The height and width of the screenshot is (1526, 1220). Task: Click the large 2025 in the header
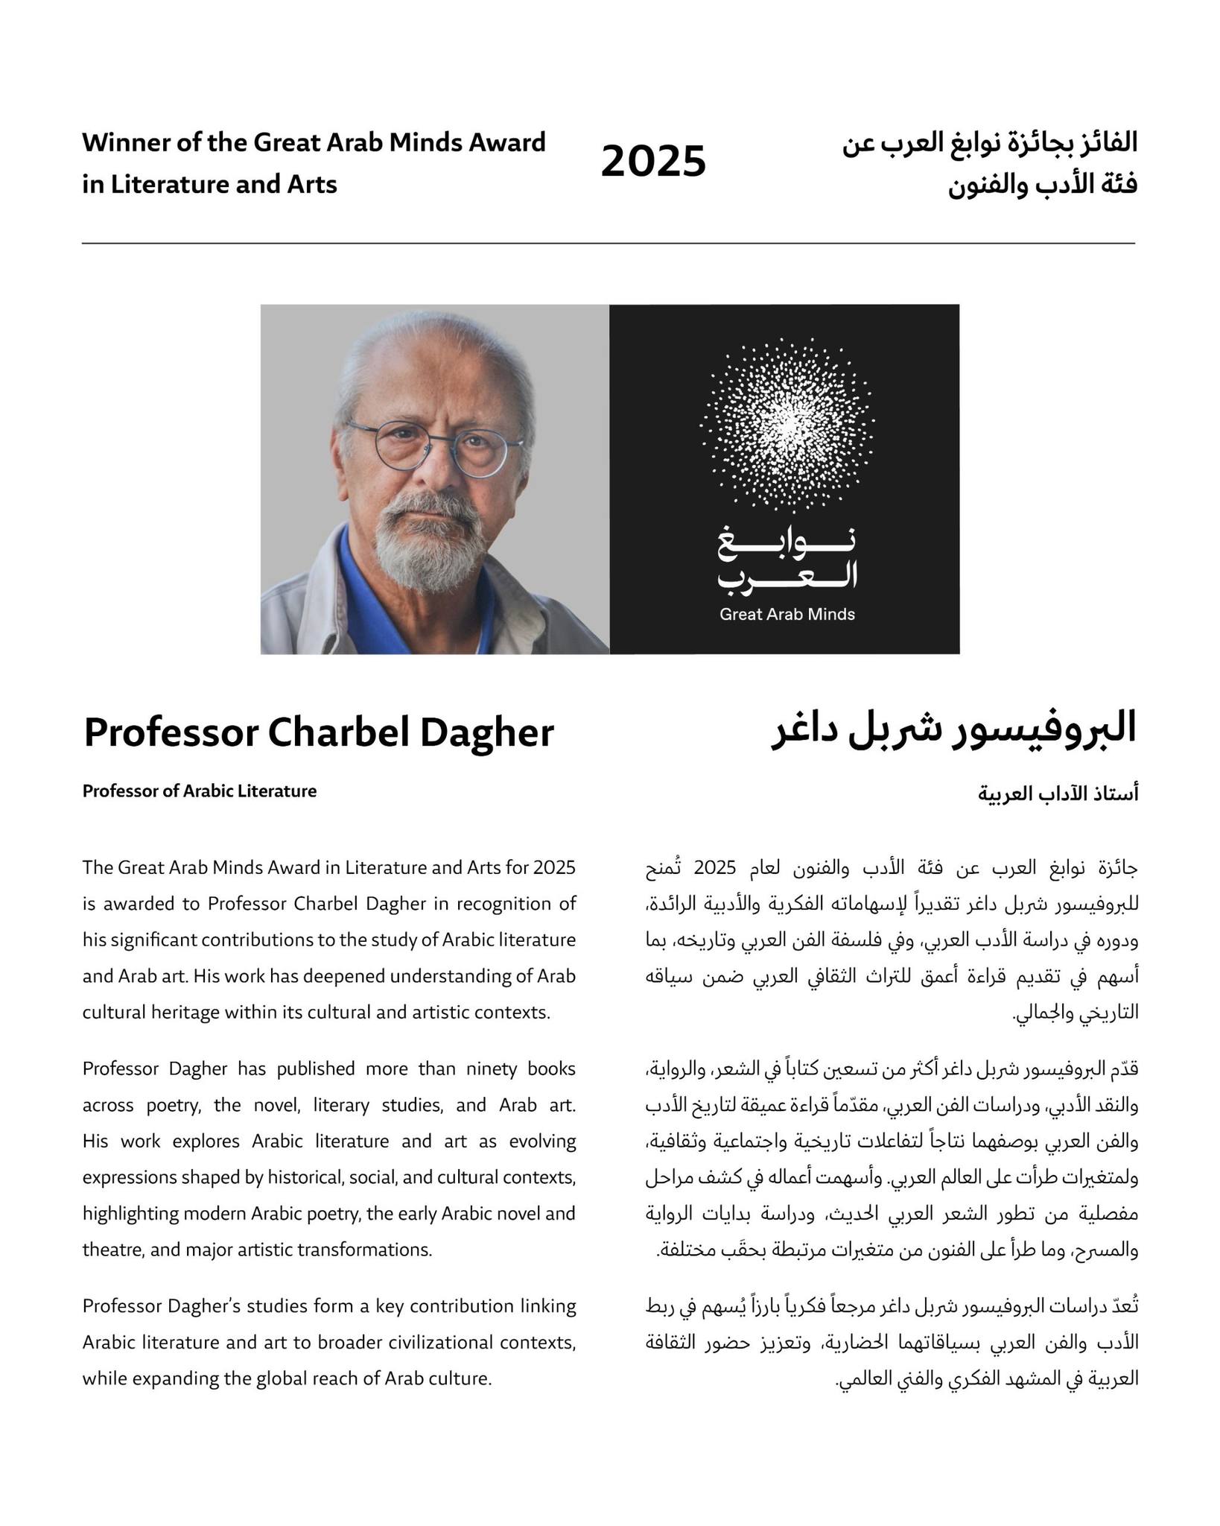(652, 162)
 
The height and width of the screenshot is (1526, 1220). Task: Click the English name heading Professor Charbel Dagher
(318, 732)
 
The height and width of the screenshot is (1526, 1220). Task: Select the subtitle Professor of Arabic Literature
(199, 791)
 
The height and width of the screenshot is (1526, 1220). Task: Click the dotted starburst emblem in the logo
(787, 424)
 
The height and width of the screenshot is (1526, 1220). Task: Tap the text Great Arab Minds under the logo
(787, 615)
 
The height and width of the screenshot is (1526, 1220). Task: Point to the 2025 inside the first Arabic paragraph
(714, 868)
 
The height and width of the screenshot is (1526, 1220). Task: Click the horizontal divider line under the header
(608, 243)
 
